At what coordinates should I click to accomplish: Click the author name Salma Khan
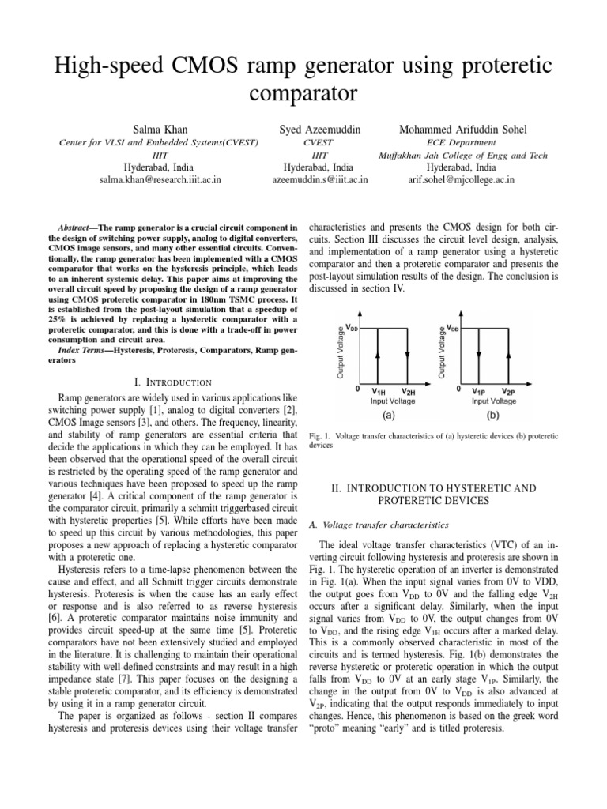click(160, 128)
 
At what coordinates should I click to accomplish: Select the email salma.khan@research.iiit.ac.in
click(160, 180)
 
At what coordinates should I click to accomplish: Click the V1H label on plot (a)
click(379, 392)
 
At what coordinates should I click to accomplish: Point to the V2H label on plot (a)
click(408, 392)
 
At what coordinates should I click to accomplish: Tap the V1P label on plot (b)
click(479, 392)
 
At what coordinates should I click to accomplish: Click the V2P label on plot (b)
click(507, 392)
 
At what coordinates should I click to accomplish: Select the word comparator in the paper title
click(303, 95)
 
